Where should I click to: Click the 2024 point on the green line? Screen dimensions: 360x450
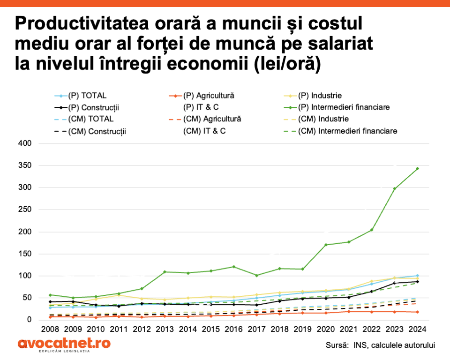click(417, 169)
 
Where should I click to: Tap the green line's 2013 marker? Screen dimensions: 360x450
click(165, 272)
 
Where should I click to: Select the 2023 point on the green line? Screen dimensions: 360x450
click(395, 189)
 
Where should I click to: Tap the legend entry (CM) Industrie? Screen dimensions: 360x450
click(323, 119)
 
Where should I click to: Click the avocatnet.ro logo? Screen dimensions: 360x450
click(64, 344)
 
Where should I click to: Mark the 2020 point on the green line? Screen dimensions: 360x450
click(326, 245)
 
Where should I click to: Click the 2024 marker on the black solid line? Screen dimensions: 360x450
click(417, 282)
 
